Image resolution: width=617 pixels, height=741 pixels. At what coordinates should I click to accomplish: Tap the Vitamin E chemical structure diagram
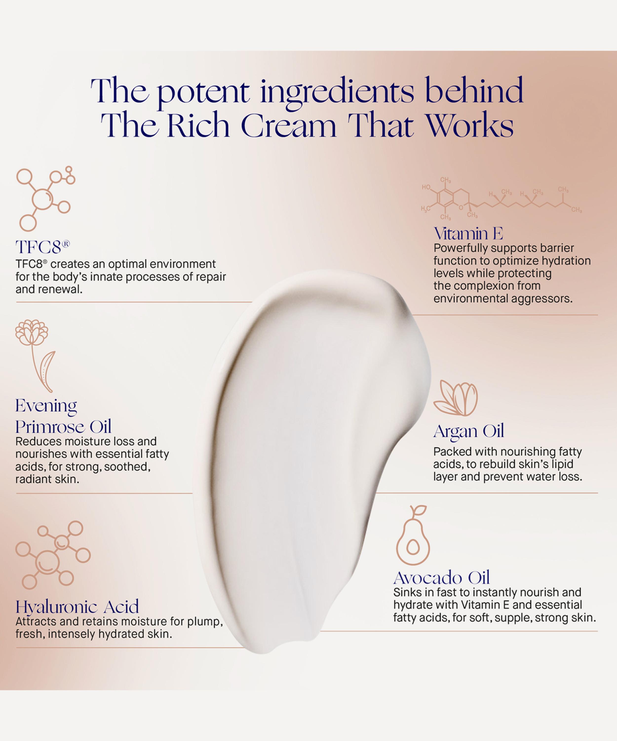[x=501, y=199]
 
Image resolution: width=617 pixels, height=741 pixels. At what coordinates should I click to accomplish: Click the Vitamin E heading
[x=468, y=234]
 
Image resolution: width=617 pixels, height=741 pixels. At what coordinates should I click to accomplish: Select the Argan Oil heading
[x=469, y=431]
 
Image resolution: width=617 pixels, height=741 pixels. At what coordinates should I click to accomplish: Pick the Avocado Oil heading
[x=442, y=578]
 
